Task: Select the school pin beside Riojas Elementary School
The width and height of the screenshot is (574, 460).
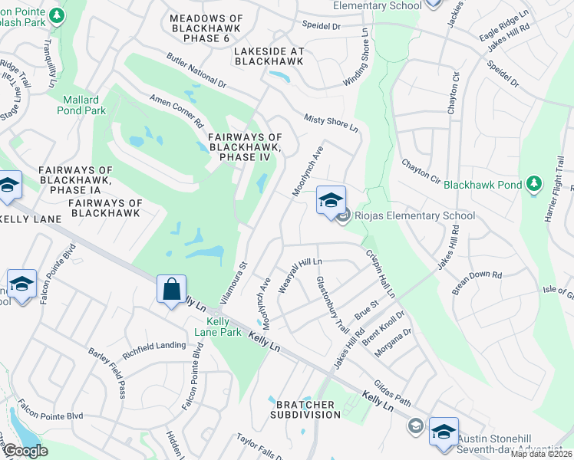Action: pos(331,202)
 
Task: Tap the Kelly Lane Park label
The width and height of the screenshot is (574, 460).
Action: pos(219,327)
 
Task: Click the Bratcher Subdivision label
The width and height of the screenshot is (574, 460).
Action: pos(305,409)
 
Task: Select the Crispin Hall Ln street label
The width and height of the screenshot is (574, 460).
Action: pos(380,274)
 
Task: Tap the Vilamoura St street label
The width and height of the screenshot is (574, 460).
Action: pos(236,276)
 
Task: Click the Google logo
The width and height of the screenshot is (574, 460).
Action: pos(25,451)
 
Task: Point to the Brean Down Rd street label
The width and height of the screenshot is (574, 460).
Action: pos(476,280)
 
